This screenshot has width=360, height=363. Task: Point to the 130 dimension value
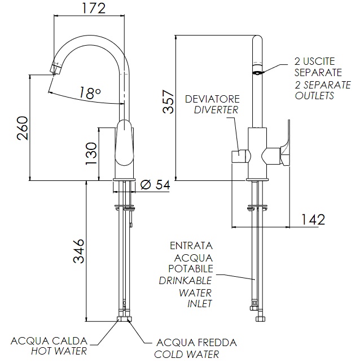pos(91,153)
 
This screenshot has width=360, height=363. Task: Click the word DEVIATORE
pos(212,99)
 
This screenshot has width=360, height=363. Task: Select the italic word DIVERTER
pos(216,110)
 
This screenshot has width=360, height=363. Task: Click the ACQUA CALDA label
pos(49,341)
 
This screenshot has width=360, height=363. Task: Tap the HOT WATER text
pos(59,351)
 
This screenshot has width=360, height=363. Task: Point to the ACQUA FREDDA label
pos(196,343)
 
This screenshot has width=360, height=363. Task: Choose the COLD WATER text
pos(187,354)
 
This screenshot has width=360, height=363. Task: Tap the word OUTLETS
pos(315,95)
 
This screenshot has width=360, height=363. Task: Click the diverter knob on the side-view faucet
pos(240,156)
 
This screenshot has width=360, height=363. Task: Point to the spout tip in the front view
pos(55,70)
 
